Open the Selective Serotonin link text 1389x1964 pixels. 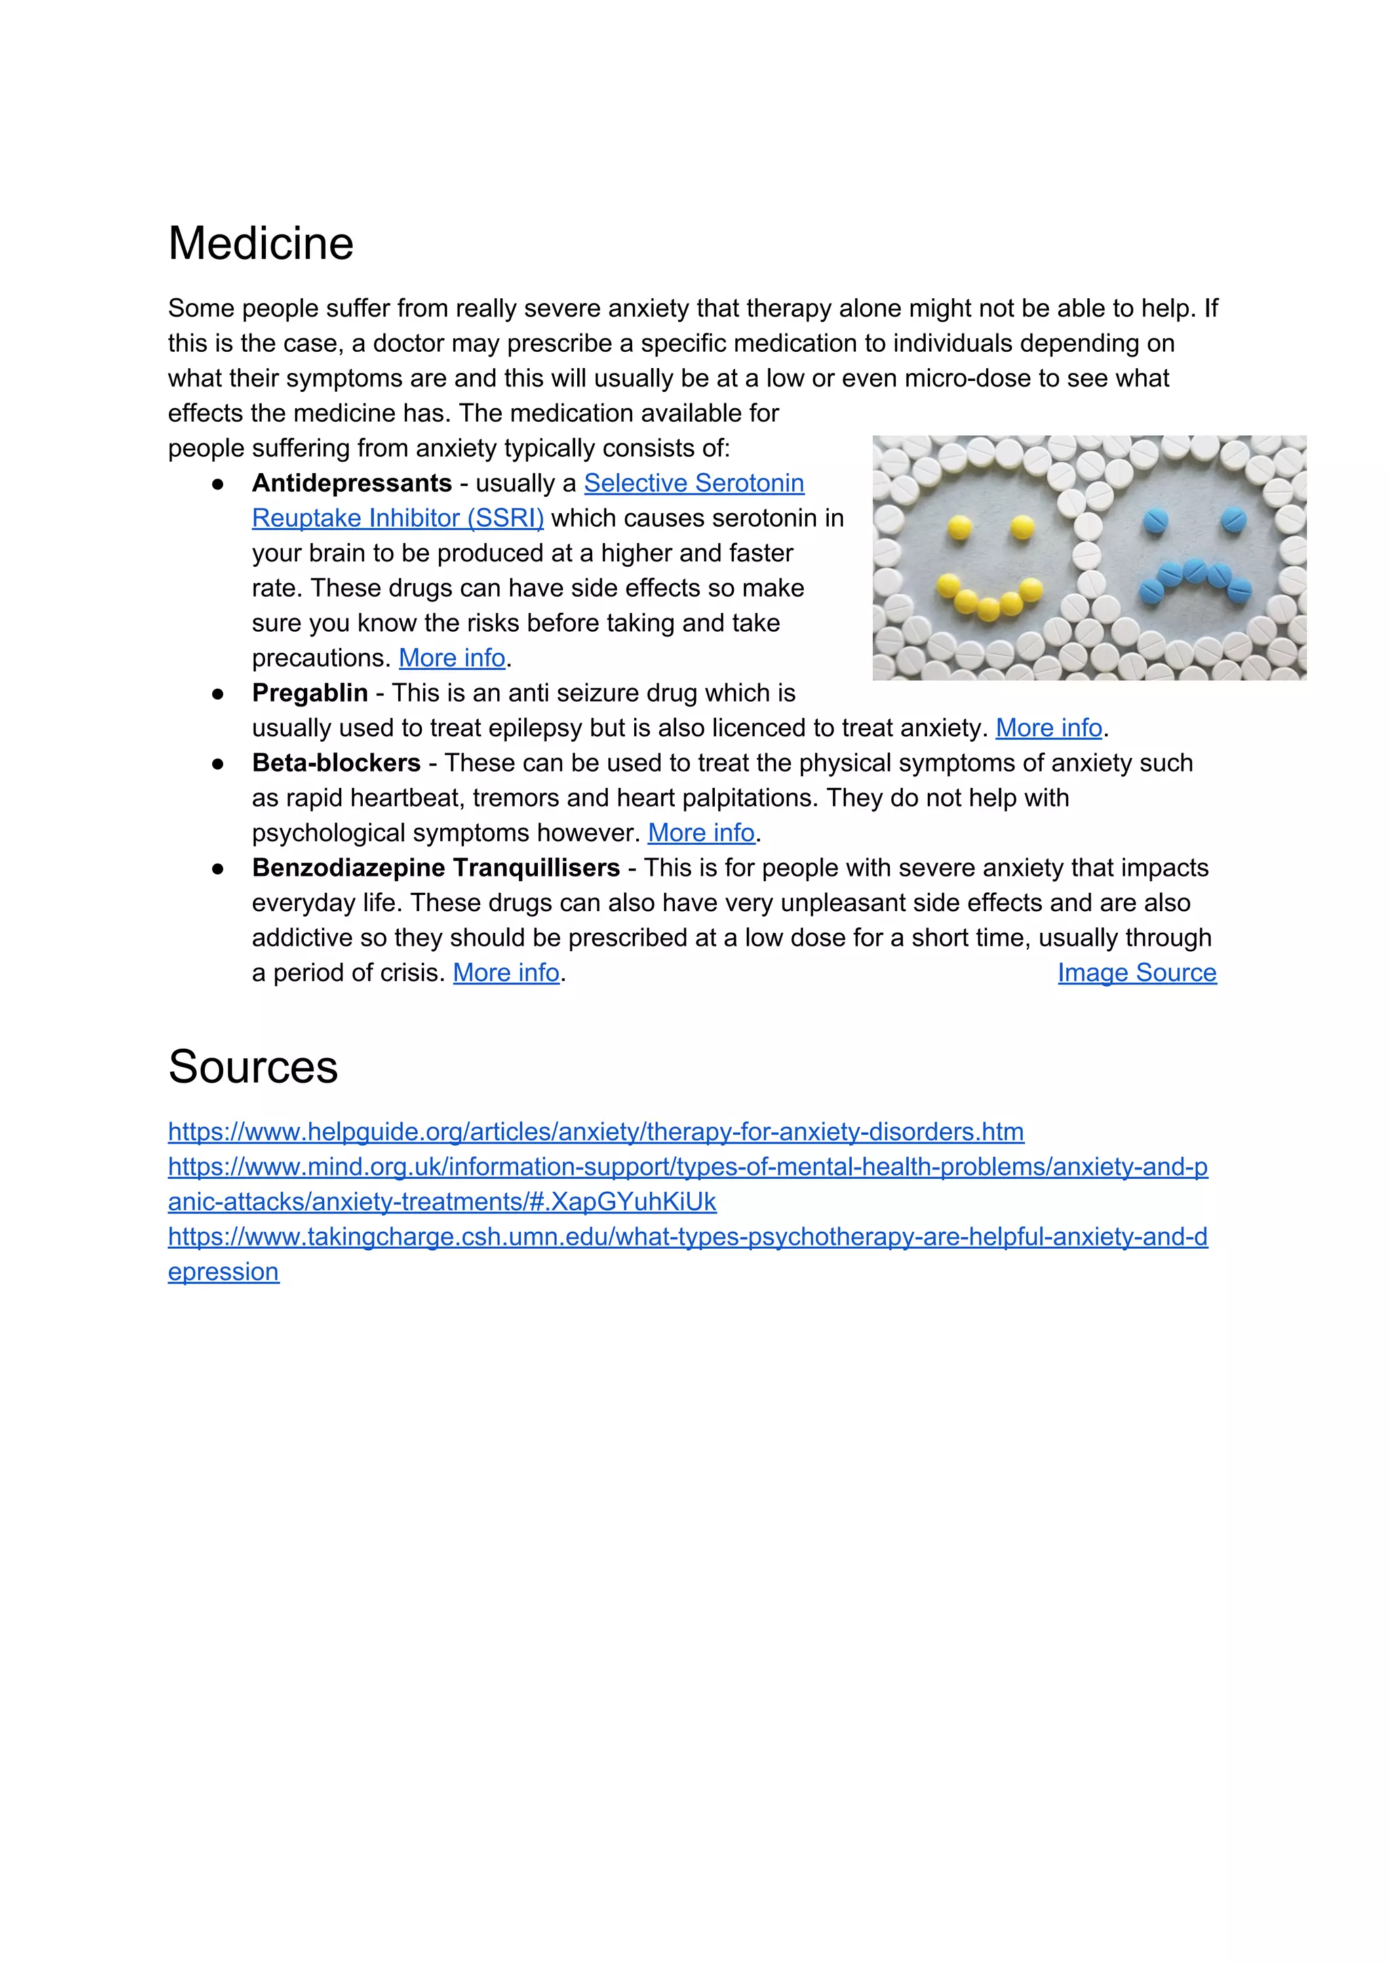(693, 483)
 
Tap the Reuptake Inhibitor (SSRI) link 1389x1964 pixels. (397, 519)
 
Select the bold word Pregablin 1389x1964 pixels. (309, 693)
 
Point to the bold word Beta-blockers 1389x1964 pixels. (336, 763)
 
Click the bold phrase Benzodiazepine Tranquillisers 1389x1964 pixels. (435, 868)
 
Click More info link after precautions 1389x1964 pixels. (451, 658)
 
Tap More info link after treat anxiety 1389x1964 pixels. (1048, 728)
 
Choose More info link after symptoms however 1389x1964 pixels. (700, 833)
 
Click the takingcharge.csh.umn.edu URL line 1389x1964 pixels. (686, 1237)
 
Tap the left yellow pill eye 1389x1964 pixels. (960, 529)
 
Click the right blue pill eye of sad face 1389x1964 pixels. (1232, 519)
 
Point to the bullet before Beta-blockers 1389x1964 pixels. (218, 763)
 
